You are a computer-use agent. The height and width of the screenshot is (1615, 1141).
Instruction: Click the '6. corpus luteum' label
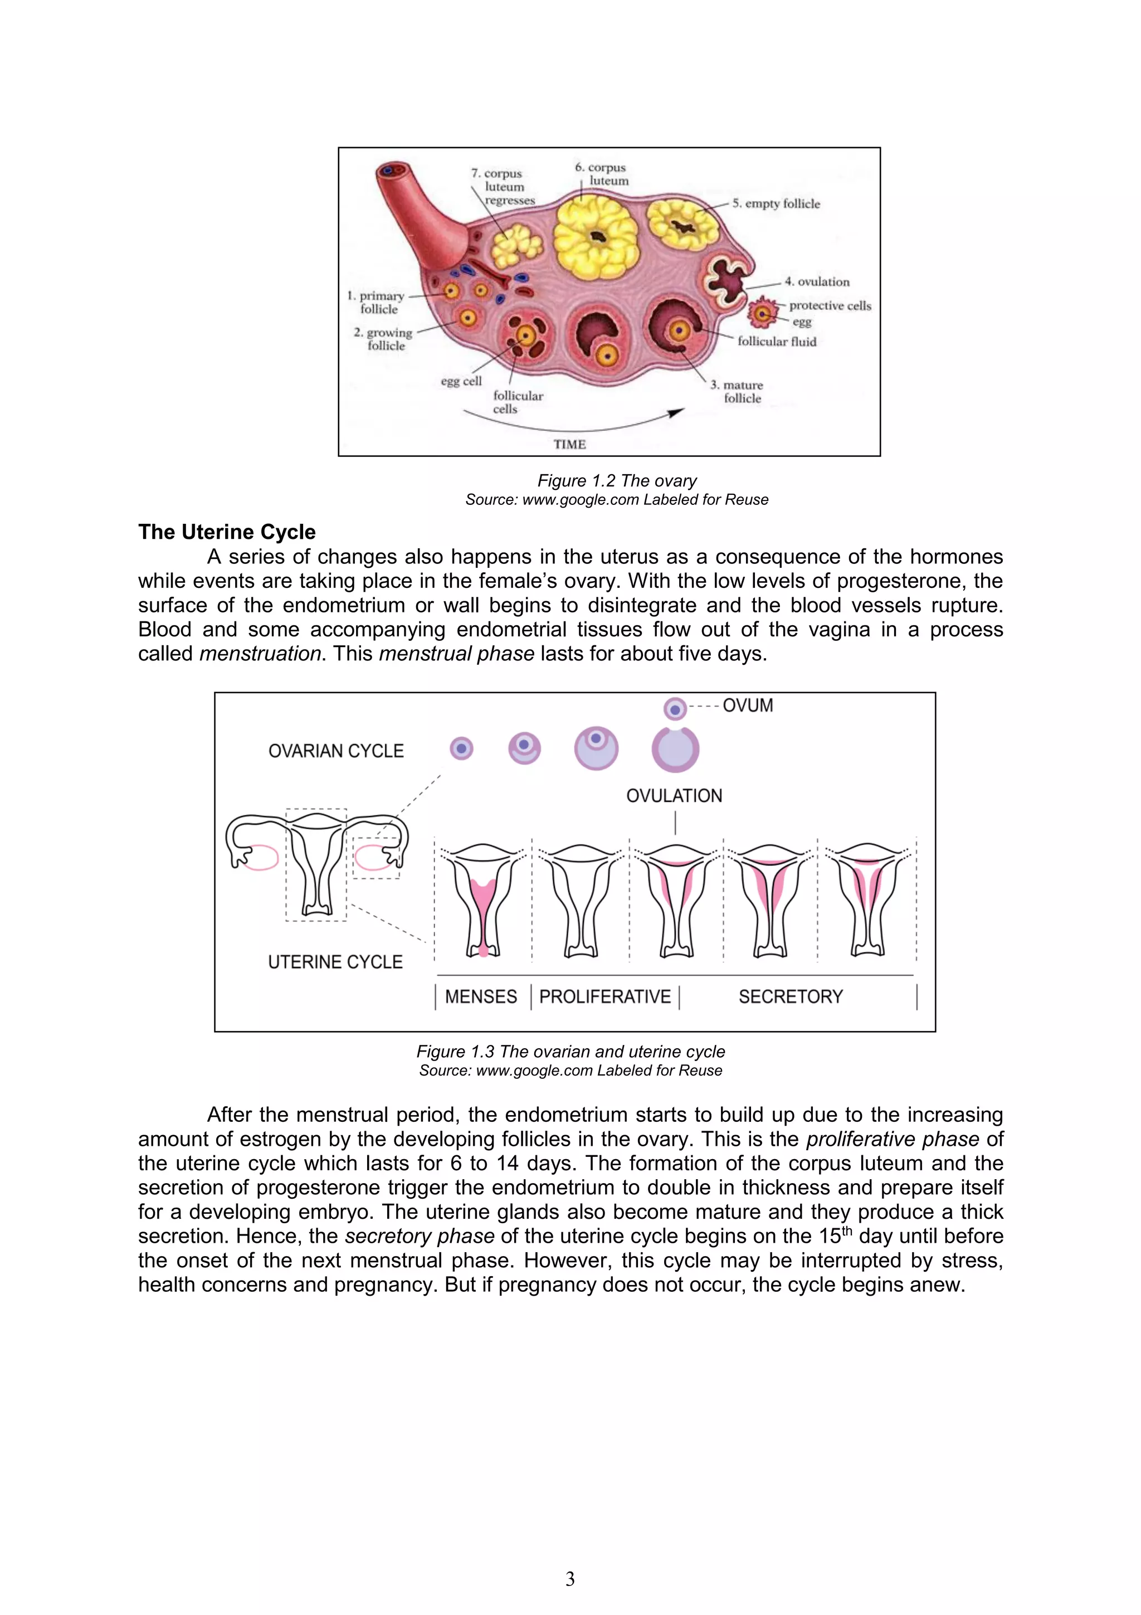tap(601, 174)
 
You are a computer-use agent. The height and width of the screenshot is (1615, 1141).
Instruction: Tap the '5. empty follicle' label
tap(776, 203)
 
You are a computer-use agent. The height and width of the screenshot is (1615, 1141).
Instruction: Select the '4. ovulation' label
tap(817, 281)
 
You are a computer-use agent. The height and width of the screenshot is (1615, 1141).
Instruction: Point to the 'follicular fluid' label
tap(776, 341)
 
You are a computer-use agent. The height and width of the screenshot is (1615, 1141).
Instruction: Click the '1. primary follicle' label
tap(377, 303)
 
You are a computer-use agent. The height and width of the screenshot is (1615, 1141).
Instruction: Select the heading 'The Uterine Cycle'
tap(226, 532)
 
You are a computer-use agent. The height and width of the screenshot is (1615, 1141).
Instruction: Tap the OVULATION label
tap(674, 796)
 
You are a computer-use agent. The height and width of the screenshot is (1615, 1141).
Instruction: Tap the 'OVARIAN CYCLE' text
tap(336, 751)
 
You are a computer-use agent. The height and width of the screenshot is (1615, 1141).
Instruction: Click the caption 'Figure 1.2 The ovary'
tap(617, 480)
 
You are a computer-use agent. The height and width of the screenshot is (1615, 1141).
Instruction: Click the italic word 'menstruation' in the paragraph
tap(260, 654)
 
